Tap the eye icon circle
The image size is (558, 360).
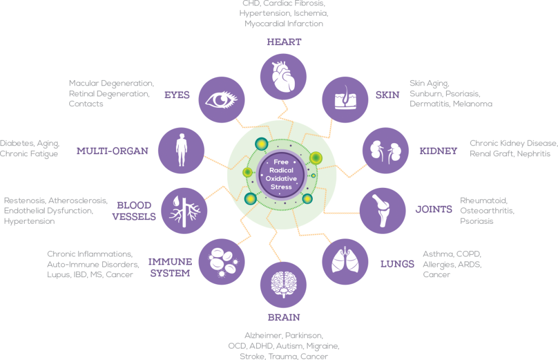[221, 99]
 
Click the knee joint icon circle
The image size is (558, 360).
[382, 211]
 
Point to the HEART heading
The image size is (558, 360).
[284, 41]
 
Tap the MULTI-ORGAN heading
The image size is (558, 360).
[112, 151]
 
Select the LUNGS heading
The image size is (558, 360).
[397, 264]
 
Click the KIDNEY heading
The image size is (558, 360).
[439, 151]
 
